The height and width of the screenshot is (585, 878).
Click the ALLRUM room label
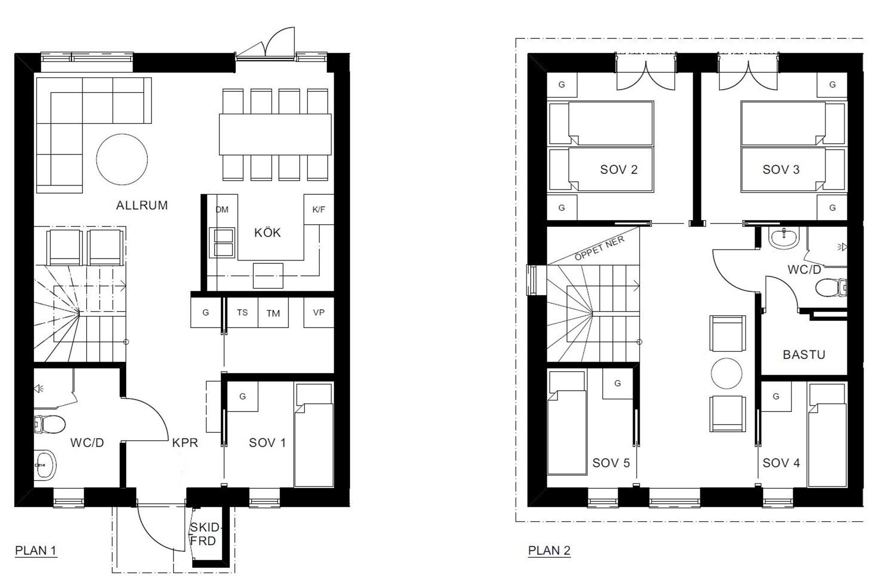(142, 205)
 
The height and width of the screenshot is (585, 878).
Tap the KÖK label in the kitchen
(268, 232)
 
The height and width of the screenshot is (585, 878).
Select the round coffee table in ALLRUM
(122, 159)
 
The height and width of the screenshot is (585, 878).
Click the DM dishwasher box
(222, 210)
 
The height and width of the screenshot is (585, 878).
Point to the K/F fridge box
(319, 210)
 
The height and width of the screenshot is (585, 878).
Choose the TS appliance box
(242, 312)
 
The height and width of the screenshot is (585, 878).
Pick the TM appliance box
(273, 312)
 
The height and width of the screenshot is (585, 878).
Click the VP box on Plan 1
(319, 312)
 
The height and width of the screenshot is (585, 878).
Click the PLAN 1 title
(36, 551)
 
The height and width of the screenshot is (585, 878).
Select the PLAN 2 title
(549, 551)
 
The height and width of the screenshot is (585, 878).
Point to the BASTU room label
(804, 355)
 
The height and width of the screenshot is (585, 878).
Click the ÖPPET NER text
(599, 249)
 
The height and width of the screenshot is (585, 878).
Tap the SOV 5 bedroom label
(611, 463)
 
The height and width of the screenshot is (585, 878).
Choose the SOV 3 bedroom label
(781, 170)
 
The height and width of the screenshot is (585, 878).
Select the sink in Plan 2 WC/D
(784, 238)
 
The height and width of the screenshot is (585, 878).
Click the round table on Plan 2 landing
(726, 373)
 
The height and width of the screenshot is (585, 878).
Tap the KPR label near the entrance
(185, 443)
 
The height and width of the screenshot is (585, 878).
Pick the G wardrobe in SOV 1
(242, 396)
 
